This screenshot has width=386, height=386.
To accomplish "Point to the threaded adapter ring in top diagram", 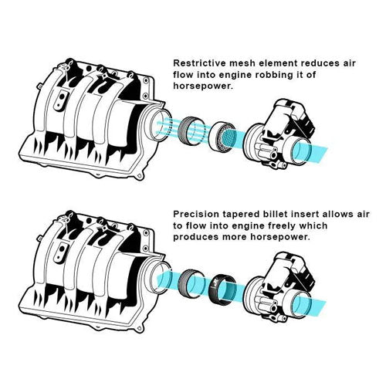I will coord(190,132).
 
